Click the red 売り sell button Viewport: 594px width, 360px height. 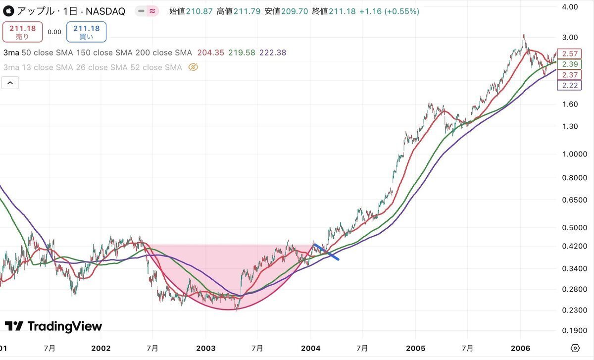point(23,32)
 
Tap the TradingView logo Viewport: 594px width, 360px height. point(53,326)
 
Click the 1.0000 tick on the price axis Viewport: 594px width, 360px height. point(574,154)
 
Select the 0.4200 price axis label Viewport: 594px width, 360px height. point(574,247)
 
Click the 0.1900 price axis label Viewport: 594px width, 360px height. point(574,330)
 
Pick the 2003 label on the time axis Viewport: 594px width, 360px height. point(206,348)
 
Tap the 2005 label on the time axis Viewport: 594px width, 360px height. point(416,348)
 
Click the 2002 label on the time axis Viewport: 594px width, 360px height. point(101,348)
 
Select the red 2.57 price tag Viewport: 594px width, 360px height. point(566,53)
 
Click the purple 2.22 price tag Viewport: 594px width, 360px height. point(566,85)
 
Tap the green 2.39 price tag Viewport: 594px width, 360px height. point(566,64)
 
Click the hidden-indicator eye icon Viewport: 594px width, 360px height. point(194,67)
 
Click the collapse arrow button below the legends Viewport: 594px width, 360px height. point(10,83)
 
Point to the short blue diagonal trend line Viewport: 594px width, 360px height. point(327,252)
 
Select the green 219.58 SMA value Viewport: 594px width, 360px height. point(242,52)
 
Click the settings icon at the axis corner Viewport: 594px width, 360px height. point(575,348)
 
